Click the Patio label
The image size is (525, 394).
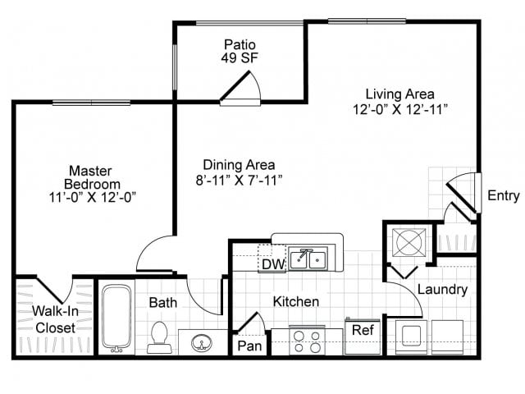(240, 44)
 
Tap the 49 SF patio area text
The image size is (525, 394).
(240, 57)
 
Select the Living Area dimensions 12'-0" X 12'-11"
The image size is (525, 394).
(400, 109)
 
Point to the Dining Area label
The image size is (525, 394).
(239, 165)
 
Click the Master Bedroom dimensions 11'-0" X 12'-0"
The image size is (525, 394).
(93, 197)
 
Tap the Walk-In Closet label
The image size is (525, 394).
(55, 319)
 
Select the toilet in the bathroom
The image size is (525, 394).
(159, 337)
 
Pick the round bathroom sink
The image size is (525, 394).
(201, 342)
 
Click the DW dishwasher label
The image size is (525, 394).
(273, 264)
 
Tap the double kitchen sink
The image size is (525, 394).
(308, 259)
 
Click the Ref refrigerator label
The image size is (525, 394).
(363, 330)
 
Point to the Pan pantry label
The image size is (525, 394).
(249, 346)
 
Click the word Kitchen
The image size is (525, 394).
(296, 301)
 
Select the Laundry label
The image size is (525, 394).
(442, 289)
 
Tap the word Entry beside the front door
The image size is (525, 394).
(504, 195)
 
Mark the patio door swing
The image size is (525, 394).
(241, 88)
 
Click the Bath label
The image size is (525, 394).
(163, 302)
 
